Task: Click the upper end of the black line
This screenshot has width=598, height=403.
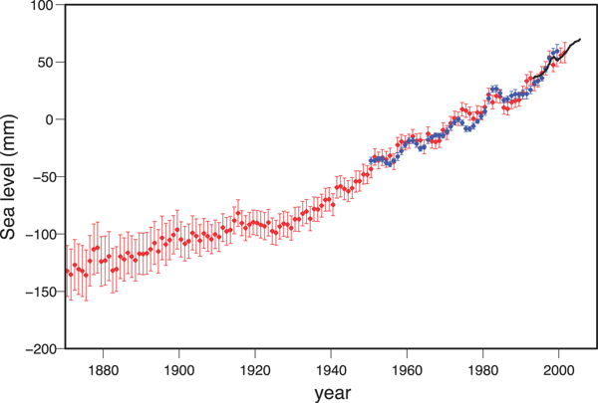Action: [581, 39]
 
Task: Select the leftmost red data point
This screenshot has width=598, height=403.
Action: [68, 271]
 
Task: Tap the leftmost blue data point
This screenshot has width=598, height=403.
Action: [371, 159]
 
